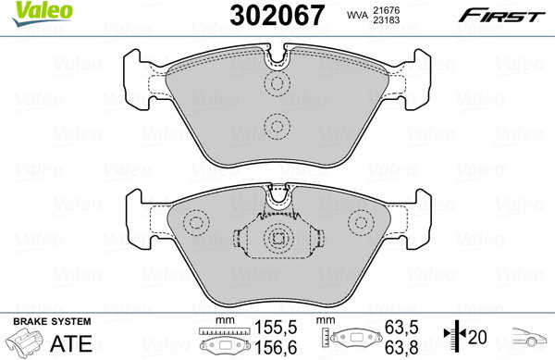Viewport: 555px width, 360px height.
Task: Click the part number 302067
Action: tap(277, 15)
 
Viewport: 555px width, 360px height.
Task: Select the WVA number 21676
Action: tap(386, 10)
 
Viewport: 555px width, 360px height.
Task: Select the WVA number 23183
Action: tap(386, 19)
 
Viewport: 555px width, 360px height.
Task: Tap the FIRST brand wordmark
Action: tap(502, 16)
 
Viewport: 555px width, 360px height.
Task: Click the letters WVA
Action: tap(357, 15)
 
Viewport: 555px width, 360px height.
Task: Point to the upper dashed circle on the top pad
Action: tap(277, 83)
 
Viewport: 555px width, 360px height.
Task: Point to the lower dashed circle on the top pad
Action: tap(277, 127)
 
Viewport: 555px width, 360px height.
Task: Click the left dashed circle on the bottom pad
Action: tap(196, 223)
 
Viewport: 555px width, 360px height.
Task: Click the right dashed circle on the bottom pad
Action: tap(361, 223)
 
